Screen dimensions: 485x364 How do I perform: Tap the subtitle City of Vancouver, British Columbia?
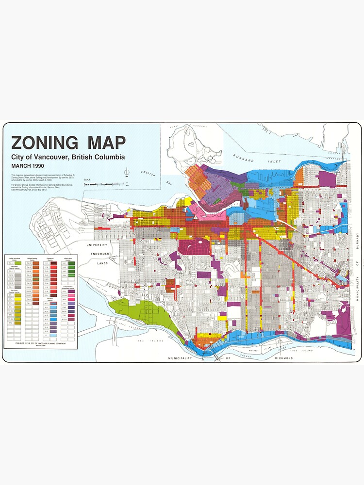point(68,157)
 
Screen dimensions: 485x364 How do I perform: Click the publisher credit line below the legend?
point(41,343)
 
